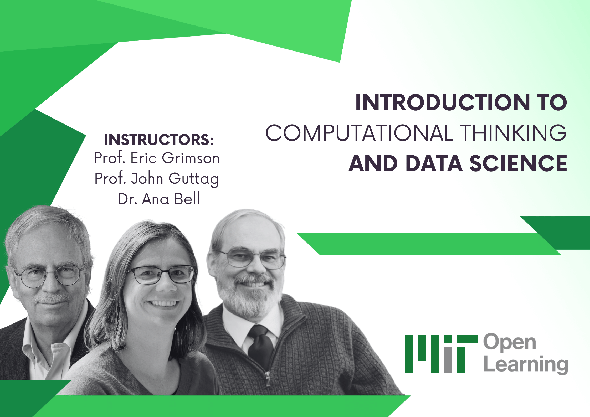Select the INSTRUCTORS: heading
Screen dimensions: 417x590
(159, 140)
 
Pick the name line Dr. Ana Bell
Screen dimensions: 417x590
(159, 199)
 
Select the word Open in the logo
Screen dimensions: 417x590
(510, 342)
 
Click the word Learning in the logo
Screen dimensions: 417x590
(526, 364)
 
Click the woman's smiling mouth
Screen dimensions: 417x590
(163, 303)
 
